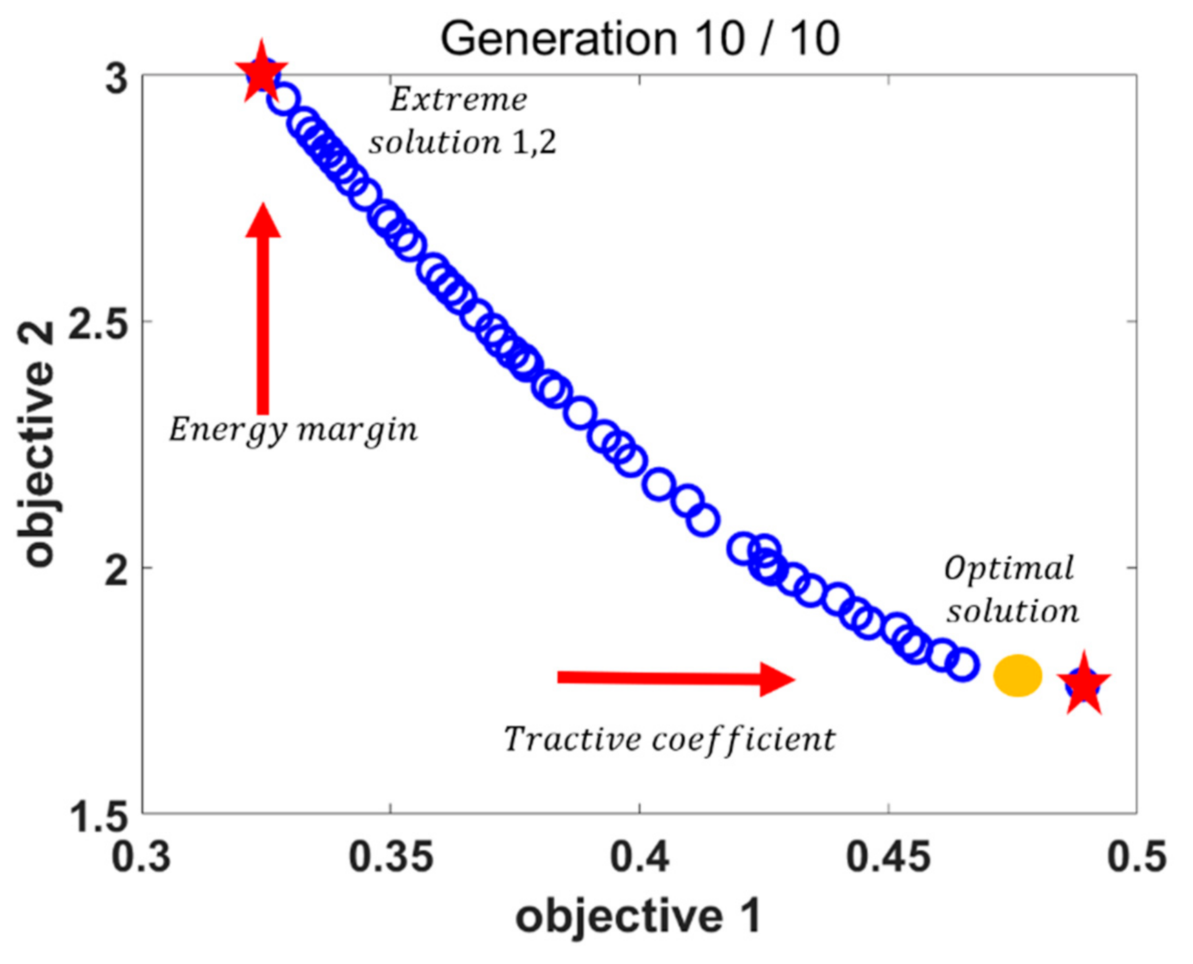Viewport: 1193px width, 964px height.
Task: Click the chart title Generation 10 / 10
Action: pyautogui.click(x=639, y=39)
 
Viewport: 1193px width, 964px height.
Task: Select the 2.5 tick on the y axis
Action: pyautogui.click(x=99, y=322)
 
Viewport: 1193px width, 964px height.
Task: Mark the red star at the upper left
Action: pyautogui.click(x=261, y=72)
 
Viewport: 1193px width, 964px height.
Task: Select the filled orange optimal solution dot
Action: pyautogui.click(x=1017, y=675)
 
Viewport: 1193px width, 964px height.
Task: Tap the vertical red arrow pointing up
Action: pyautogui.click(x=262, y=310)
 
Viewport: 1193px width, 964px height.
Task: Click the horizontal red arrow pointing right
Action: pyautogui.click(x=675, y=678)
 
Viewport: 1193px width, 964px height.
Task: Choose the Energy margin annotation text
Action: pyautogui.click(x=293, y=430)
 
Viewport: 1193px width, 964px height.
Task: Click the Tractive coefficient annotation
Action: pyautogui.click(x=670, y=740)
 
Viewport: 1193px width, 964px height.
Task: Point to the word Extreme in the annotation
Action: pyautogui.click(x=459, y=101)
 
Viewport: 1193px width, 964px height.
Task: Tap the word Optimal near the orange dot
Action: pyautogui.click(x=1008, y=569)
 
